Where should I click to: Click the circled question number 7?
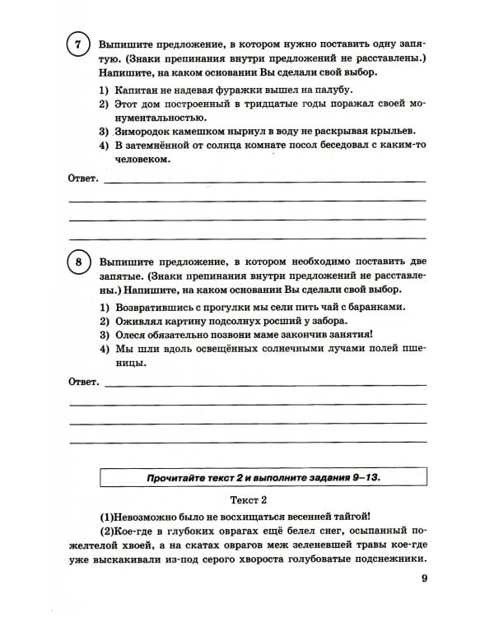click(77, 48)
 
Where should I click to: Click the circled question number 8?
click(77, 263)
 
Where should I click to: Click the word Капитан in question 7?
click(139, 89)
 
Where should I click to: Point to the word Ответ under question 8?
click(82, 382)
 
